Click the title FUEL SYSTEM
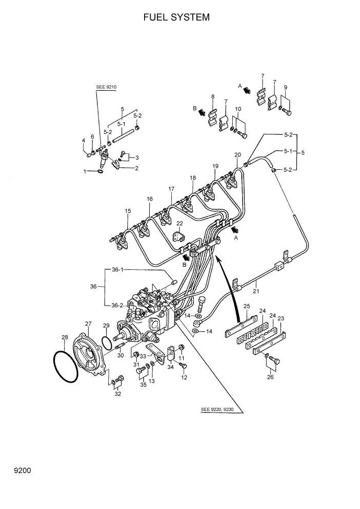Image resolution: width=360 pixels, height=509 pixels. click(x=176, y=17)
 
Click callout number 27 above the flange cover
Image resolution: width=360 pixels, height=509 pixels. click(x=88, y=324)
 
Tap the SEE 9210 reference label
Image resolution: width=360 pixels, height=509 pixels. click(x=107, y=87)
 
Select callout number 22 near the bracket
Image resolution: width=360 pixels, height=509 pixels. click(x=179, y=223)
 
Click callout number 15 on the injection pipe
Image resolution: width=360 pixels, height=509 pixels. click(x=128, y=211)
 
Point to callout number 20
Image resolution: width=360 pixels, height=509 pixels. click(x=237, y=154)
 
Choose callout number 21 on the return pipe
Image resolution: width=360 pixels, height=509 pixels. click(x=255, y=291)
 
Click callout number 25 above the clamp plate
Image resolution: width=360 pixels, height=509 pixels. click(x=246, y=306)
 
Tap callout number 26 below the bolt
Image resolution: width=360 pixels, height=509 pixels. click(x=270, y=377)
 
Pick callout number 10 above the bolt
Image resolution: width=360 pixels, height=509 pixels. click(x=238, y=109)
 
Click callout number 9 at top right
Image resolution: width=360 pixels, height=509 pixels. click(x=286, y=87)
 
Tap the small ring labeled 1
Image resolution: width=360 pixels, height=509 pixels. click(x=99, y=172)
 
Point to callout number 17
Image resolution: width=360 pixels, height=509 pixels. click(x=171, y=189)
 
